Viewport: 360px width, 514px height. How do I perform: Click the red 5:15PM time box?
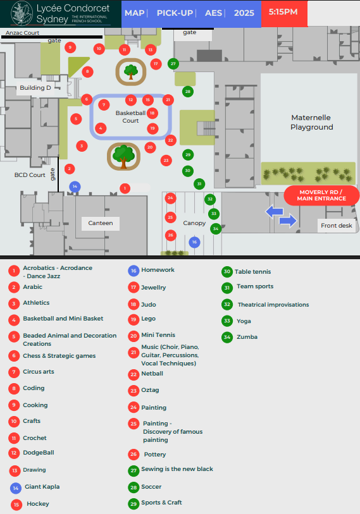click(284, 13)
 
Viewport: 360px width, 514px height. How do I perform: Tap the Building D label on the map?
click(35, 88)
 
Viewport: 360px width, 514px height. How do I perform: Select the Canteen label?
click(101, 223)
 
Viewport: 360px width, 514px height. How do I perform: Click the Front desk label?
click(337, 226)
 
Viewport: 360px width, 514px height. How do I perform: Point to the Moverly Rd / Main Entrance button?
click(321, 195)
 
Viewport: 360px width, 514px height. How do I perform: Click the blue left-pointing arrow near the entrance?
click(275, 211)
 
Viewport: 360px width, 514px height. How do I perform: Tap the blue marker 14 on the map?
click(75, 187)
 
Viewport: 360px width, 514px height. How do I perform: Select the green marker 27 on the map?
click(173, 64)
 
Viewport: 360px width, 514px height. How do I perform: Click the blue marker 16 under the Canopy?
click(195, 242)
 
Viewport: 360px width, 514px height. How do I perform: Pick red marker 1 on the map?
click(125, 188)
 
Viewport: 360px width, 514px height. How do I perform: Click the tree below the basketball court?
click(123, 156)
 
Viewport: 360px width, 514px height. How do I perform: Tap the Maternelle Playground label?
click(312, 122)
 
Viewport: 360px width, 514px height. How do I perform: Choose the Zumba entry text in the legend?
click(247, 337)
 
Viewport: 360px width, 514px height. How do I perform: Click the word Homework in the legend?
click(158, 270)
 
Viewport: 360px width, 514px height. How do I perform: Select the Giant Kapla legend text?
click(42, 487)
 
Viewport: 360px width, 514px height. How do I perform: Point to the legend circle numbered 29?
click(133, 504)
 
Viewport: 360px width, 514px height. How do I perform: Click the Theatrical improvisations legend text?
click(273, 305)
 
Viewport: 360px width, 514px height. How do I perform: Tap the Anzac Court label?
click(22, 33)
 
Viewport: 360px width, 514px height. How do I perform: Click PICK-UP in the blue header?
click(175, 13)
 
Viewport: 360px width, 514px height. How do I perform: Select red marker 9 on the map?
click(70, 47)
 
